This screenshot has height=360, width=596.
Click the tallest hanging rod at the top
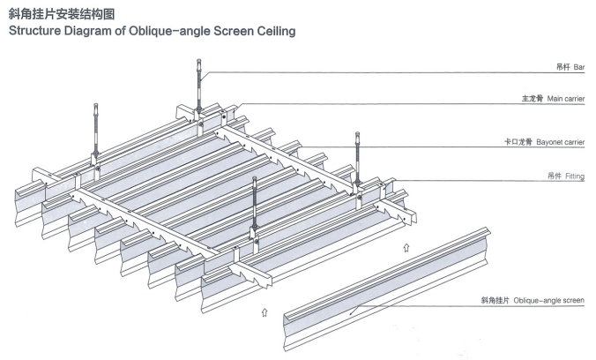pos(200,84)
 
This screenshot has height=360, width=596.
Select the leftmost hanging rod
pos(95,132)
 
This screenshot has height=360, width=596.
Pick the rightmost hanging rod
pos(358,159)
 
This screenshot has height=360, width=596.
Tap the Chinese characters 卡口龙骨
pos(517,141)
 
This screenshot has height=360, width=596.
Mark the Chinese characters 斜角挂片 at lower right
pos(495,301)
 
